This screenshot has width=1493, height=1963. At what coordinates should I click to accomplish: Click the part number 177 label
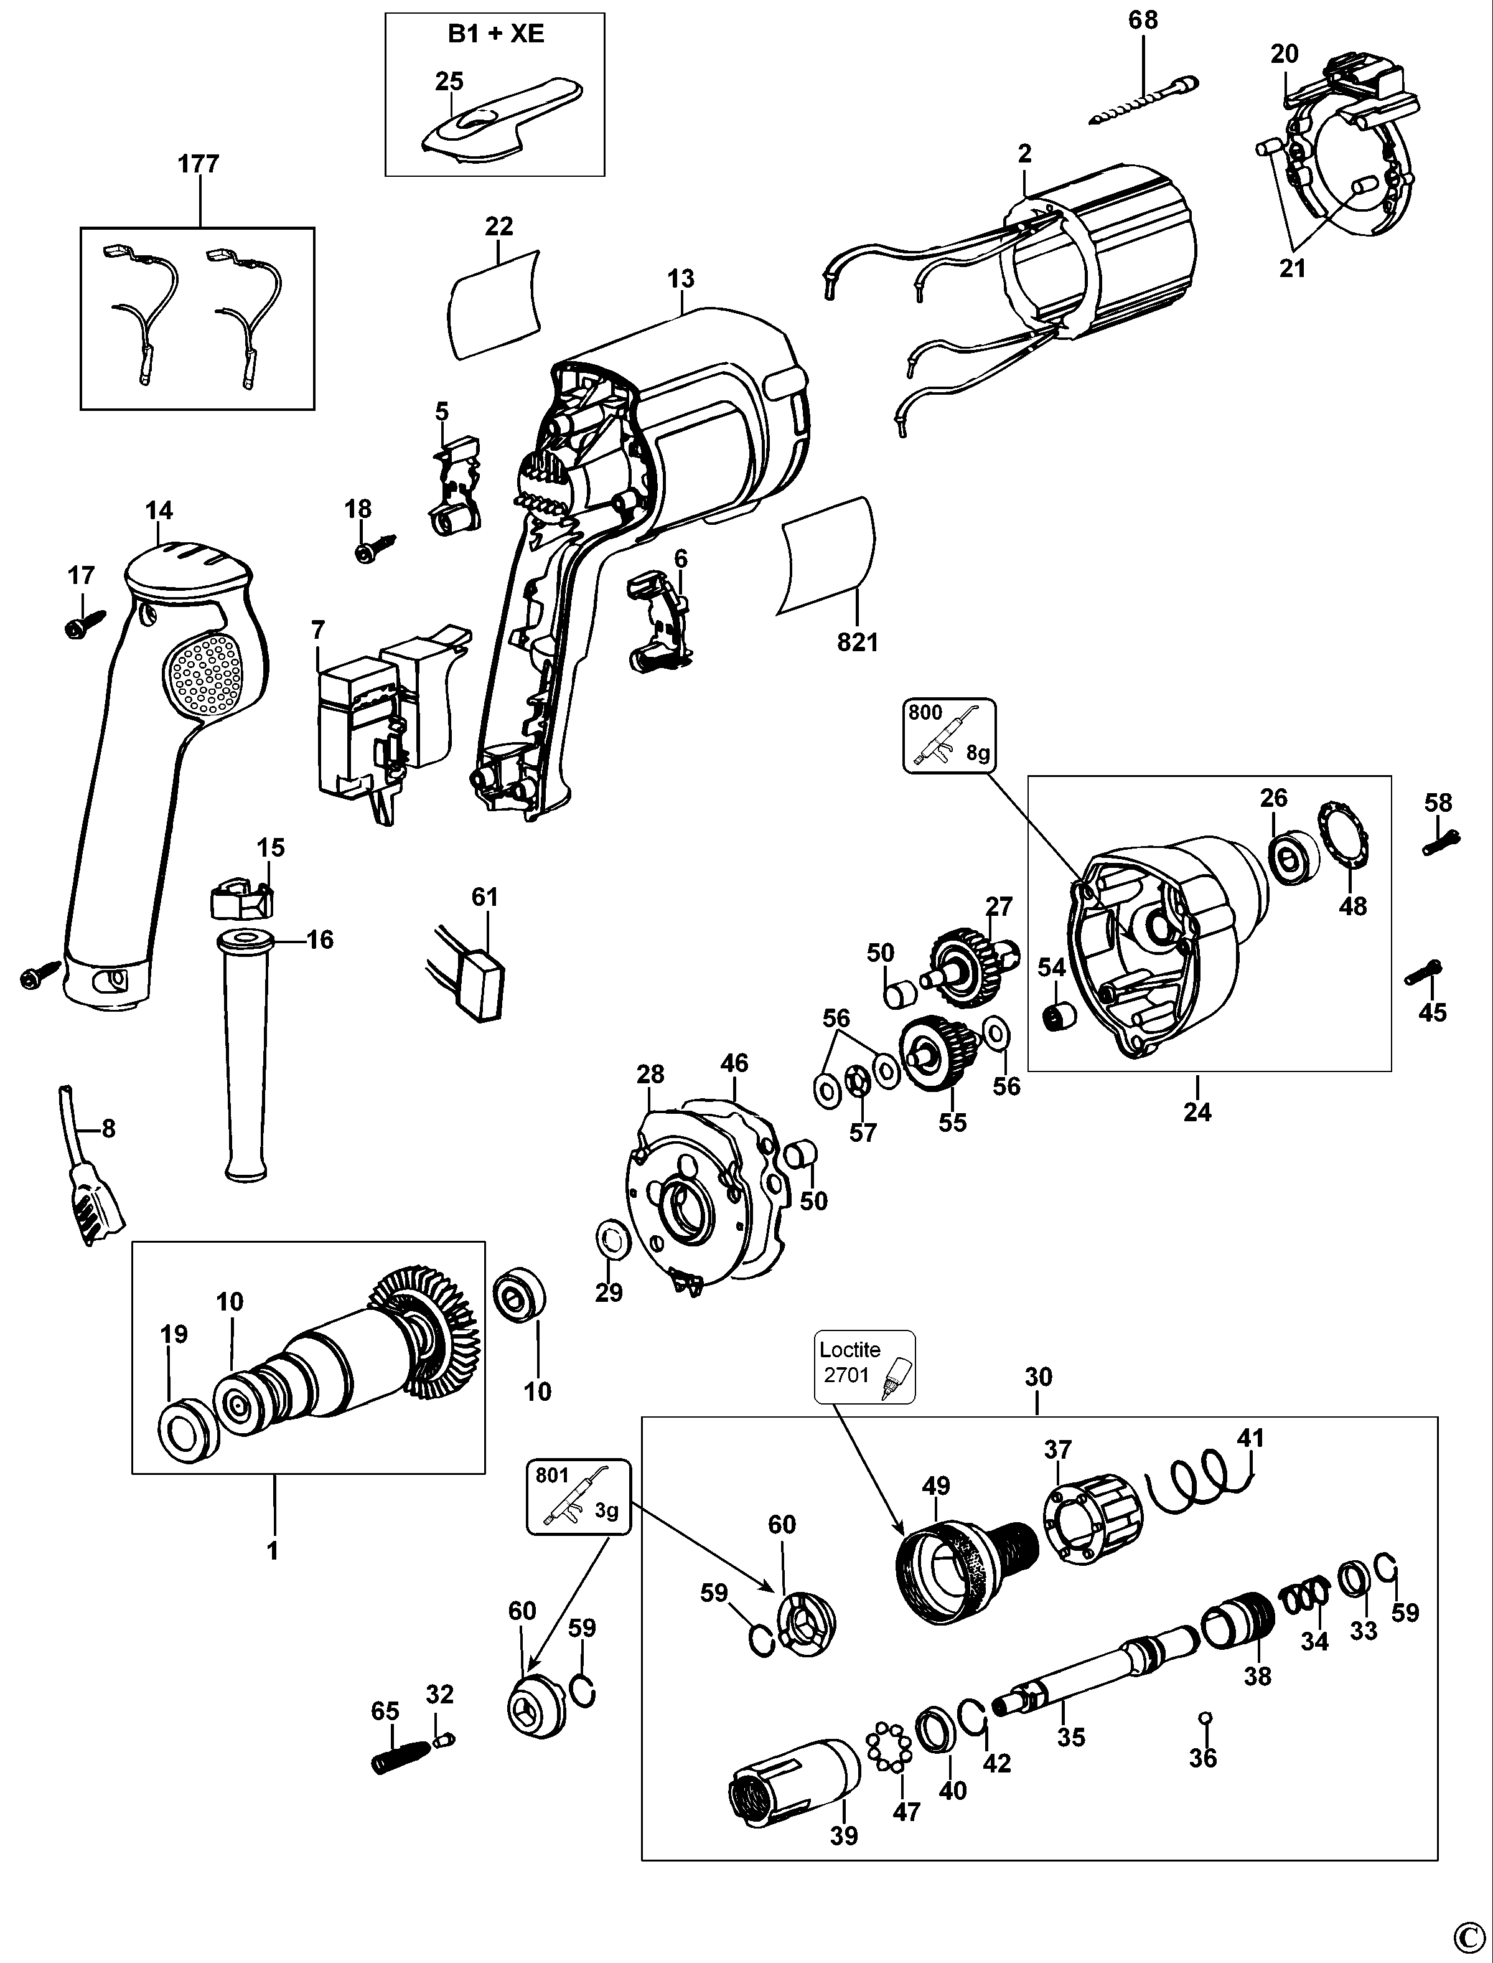point(198,164)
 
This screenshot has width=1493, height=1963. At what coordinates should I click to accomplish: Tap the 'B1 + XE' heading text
point(495,35)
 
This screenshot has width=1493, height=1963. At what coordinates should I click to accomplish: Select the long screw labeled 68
point(1144,100)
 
